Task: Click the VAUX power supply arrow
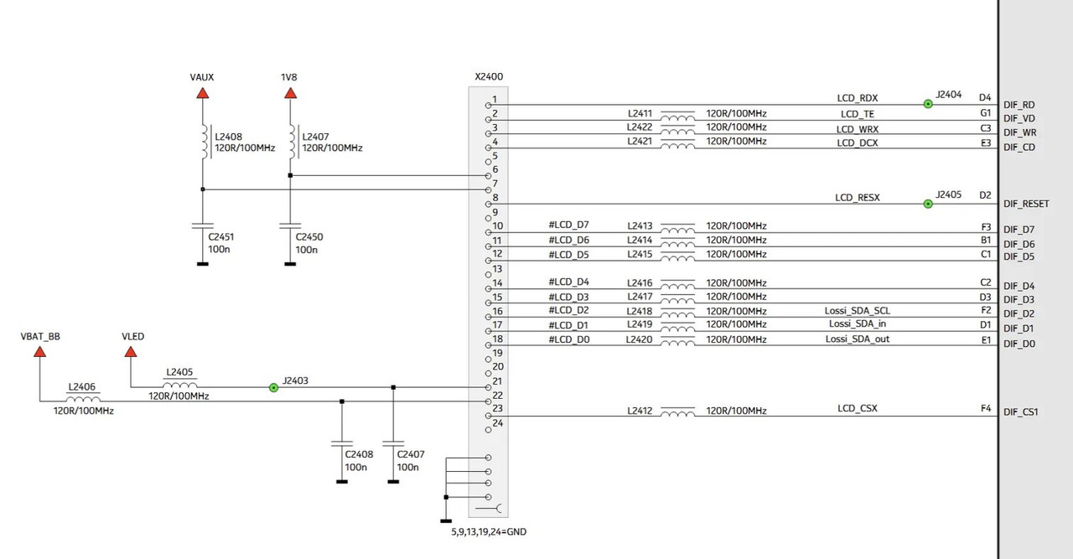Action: pos(202,92)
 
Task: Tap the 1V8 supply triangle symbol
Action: pos(290,92)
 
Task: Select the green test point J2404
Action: pos(928,104)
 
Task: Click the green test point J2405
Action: pos(928,204)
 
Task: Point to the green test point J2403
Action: pos(273,387)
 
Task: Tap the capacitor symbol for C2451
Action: pos(202,225)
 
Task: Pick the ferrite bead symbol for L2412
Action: pos(677,411)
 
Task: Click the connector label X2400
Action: pos(489,76)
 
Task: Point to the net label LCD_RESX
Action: pos(857,198)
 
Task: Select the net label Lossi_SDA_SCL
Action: pos(857,311)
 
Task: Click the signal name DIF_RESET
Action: pos(1026,204)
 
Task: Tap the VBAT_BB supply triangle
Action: pos(39,351)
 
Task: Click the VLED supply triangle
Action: pos(132,351)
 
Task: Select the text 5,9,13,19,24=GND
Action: pos(489,531)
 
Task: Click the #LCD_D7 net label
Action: pos(569,225)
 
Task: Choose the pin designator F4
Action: pos(986,409)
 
